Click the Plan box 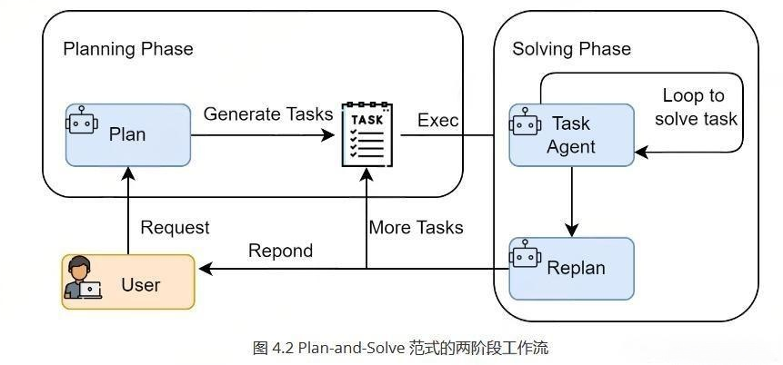click(x=128, y=135)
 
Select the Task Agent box click(x=571, y=135)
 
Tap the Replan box click(x=571, y=269)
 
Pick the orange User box click(x=128, y=282)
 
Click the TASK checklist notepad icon click(x=366, y=135)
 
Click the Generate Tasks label click(x=268, y=114)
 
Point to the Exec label click(x=437, y=121)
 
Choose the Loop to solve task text click(x=699, y=107)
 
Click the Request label click(x=175, y=228)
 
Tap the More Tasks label click(x=416, y=228)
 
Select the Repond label click(x=280, y=252)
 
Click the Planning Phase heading click(x=128, y=49)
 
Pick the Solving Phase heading click(x=571, y=49)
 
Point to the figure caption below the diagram click(x=400, y=348)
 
